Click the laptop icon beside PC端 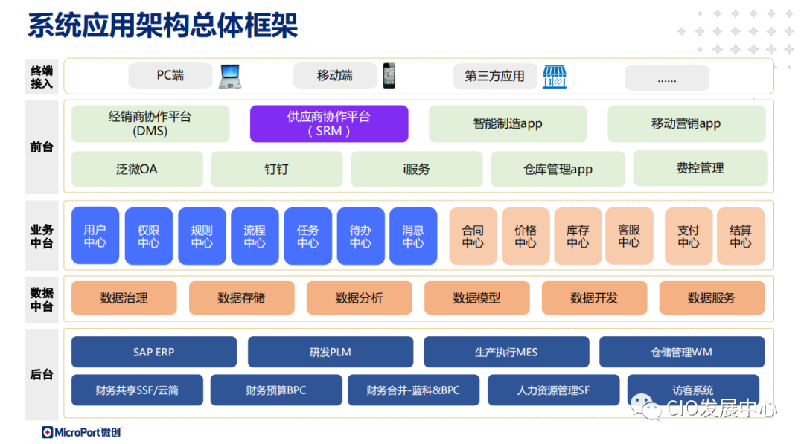(x=230, y=77)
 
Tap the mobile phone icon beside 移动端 (x=389, y=76)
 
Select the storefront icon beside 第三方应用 (x=554, y=77)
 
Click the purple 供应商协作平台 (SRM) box (x=329, y=123)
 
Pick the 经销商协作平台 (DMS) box (x=150, y=123)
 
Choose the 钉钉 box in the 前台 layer (x=276, y=169)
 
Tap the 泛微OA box (x=137, y=169)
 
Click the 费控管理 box (x=700, y=168)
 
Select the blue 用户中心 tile (x=95, y=236)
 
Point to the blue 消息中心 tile (x=413, y=236)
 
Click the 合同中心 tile (x=473, y=236)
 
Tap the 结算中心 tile (x=741, y=236)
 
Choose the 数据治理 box (x=124, y=297)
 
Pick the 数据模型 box (x=476, y=297)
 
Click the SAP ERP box (x=153, y=352)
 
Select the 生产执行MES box (x=506, y=352)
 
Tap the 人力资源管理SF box (x=553, y=390)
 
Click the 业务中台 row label (x=42, y=236)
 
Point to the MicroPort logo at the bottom (x=81, y=432)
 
